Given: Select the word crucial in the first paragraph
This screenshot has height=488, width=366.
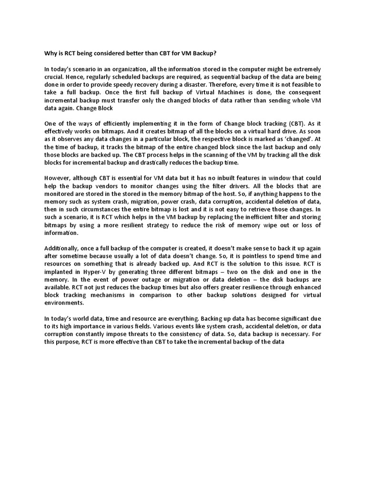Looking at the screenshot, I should click(54, 77).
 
